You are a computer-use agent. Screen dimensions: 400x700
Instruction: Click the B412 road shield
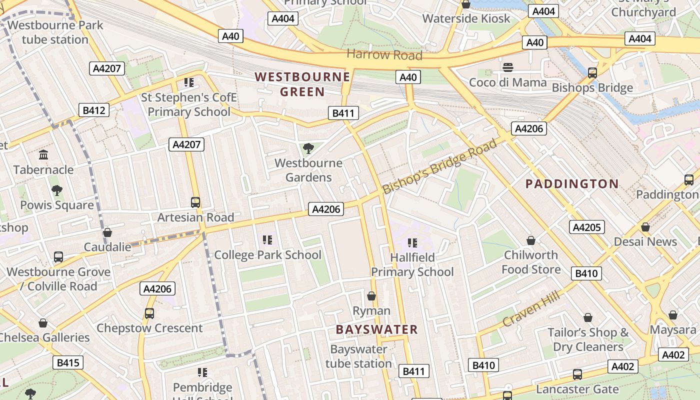pos(94,110)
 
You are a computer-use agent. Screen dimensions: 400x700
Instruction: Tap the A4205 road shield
pos(586,227)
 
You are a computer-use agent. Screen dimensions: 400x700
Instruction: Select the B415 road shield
pos(68,362)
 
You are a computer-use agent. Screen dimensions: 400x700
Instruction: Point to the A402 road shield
pos(672,354)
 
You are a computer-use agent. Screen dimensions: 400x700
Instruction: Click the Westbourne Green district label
pos(302,84)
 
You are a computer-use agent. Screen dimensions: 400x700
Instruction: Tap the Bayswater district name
pos(376,329)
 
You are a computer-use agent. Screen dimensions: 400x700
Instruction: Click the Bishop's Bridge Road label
pos(440,166)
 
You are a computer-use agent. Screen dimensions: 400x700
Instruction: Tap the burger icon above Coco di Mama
pos(508,67)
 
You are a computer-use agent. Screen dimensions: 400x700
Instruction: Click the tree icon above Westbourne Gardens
pos(308,148)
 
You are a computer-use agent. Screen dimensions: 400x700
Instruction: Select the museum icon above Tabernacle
pos(43,155)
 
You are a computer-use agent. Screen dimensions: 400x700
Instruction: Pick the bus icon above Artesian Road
pos(195,202)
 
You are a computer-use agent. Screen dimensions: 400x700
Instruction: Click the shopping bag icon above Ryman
pos(371,296)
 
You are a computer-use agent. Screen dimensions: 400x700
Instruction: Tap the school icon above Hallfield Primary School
pos(412,243)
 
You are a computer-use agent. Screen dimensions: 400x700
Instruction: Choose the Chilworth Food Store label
pos(531,262)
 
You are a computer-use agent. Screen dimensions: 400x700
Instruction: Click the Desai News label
pos(645,242)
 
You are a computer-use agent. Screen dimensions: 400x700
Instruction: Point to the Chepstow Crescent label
pos(149,328)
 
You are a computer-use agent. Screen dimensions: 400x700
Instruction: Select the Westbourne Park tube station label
pos(55,32)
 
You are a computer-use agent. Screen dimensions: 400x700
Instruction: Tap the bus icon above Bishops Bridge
pos(592,73)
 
